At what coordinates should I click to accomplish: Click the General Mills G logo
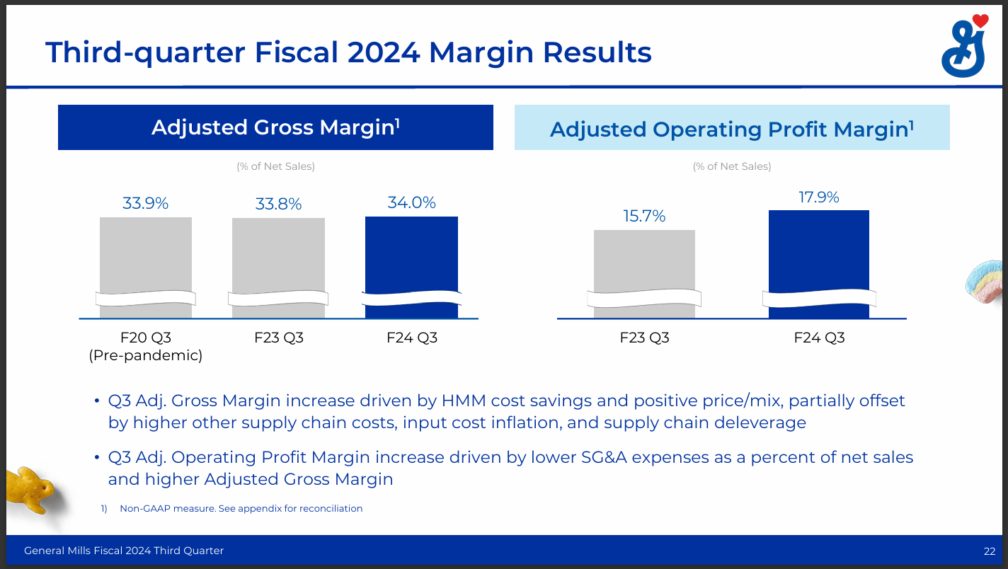pyautogui.click(x=963, y=51)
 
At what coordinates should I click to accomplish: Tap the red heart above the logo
pyautogui.click(x=980, y=22)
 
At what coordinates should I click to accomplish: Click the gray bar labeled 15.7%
pyautogui.click(x=644, y=262)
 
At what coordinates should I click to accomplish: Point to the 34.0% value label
pyautogui.click(x=411, y=202)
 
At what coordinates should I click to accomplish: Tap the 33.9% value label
pyautogui.click(x=146, y=203)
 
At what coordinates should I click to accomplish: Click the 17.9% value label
pyautogui.click(x=819, y=197)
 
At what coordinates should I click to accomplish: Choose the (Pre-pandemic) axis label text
pyautogui.click(x=146, y=355)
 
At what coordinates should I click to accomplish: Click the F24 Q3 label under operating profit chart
pyautogui.click(x=819, y=338)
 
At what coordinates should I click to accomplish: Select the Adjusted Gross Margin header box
pyautogui.click(x=275, y=127)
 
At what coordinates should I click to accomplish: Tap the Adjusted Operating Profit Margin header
pyautogui.click(x=732, y=129)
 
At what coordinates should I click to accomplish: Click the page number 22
pyautogui.click(x=989, y=551)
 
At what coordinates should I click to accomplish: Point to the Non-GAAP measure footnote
pyautogui.click(x=241, y=508)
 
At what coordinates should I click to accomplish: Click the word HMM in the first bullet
pyautogui.click(x=464, y=401)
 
